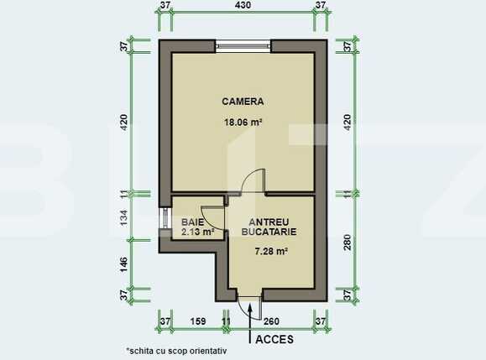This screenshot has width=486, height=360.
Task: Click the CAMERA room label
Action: (x=243, y=102)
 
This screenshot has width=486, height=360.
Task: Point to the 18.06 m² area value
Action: (x=243, y=122)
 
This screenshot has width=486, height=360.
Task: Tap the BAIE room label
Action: (x=193, y=222)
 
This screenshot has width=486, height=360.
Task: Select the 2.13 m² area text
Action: (x=197, y=232)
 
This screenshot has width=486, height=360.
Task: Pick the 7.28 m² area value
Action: (x=271, y=251)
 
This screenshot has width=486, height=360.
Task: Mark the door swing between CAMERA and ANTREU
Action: (x=248, y=182)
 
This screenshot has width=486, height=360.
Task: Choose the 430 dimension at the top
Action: (x=243, y=6)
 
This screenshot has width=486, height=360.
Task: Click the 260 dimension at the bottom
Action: (x=272, y=321)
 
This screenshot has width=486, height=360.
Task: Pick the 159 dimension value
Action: (x=198, y=321)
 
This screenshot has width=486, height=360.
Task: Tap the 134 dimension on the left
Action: (x=123, y=219)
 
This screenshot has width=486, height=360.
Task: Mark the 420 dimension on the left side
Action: (x=123, y=124)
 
